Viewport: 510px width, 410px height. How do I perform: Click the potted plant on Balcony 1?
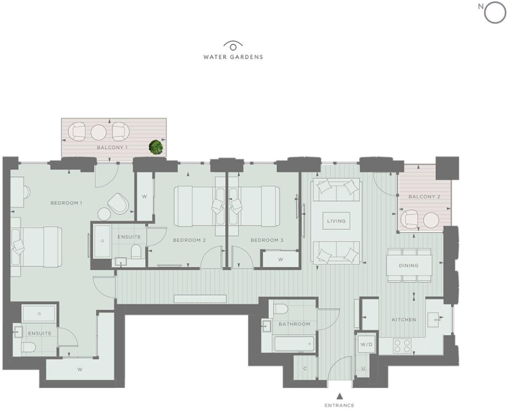coord(156,147)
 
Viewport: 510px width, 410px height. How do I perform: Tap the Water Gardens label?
coord(233,57)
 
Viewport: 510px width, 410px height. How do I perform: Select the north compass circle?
coord(495,13)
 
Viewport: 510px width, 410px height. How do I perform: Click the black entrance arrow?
coord(340,396)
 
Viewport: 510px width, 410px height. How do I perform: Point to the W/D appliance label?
coord(366,345)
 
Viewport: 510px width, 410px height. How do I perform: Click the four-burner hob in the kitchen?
coord(402,346)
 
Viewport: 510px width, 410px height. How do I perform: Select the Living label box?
coord(336,220)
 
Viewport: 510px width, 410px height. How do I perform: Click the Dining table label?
coord(409,265)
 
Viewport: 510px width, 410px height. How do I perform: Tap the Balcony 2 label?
coord(424,197)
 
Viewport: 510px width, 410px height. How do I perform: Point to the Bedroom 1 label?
coord(66,203)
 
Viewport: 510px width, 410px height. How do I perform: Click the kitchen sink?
coord(434,319)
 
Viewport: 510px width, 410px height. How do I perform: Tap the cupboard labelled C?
coord(305,368)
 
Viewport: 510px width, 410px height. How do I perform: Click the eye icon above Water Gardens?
coord(233,46)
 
